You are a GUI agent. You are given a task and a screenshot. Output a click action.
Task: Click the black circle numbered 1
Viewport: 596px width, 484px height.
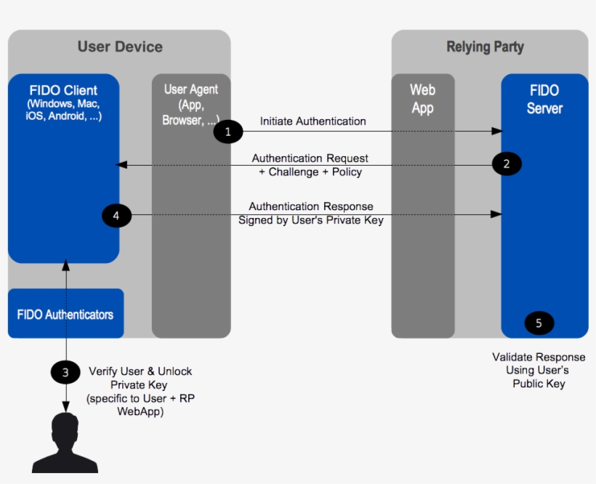[228, 132]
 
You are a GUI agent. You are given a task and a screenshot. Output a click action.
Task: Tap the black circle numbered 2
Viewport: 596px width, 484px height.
[507, 164]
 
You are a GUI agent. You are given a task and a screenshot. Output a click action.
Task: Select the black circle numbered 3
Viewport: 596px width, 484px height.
[65, 373]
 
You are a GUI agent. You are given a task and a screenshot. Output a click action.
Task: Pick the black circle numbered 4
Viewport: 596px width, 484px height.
[116, 214]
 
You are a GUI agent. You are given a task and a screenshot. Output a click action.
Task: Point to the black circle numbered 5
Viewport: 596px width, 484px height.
[539, 323]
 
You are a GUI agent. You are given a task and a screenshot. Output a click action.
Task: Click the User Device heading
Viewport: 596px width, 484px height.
[120, 47]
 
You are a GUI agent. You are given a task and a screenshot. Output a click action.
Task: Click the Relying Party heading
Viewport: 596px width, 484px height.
[485, 47]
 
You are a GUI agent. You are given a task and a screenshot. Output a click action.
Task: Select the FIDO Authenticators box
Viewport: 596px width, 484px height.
[65, 314]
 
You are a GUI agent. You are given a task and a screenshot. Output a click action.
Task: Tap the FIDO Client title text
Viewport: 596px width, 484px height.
[63, 91]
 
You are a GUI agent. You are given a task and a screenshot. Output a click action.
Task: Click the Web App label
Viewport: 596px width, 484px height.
[422, 99]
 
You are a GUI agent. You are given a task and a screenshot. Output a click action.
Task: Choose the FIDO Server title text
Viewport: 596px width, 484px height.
[544, 99]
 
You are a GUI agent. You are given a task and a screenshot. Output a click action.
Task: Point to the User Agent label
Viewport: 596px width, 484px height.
[190, 89]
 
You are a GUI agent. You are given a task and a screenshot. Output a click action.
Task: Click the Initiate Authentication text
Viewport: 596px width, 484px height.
[313, 121]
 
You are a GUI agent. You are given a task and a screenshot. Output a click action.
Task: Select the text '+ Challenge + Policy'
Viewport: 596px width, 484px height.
[310, 172]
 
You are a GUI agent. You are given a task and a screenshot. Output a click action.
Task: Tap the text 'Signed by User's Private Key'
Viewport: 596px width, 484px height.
[311, 219]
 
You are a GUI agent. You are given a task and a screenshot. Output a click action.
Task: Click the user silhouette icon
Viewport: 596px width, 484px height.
[66, 443]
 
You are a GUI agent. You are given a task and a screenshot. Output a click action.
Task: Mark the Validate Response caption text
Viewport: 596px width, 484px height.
[539, 357]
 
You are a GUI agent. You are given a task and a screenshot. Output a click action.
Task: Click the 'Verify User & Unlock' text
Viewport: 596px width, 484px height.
[140, 371]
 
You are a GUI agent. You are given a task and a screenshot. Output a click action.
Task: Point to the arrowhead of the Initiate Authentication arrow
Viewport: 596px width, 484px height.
[497, 132]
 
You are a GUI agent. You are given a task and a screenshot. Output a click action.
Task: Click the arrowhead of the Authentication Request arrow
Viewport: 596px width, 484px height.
[121, 166]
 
